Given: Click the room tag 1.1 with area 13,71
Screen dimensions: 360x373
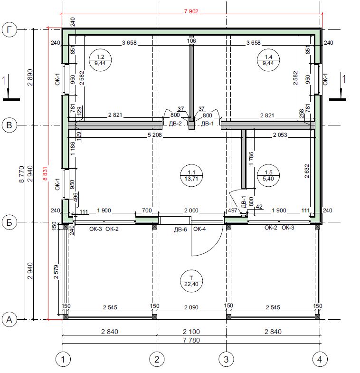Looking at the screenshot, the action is click(x=191, y=175).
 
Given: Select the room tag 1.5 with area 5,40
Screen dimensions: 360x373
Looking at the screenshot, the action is click(x=268, y=175).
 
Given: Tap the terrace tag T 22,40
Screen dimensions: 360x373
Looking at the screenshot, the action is click(x=191, y=281).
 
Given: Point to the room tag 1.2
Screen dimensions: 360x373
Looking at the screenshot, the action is click(x=100, y=60).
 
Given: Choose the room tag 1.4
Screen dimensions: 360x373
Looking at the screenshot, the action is click(x=268, y=60).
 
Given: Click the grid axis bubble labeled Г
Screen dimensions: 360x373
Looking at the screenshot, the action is click(x=9, y=30).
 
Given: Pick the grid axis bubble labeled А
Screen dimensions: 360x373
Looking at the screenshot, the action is click(x=9, y=319).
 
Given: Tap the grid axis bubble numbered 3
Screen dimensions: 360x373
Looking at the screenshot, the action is click(x=226, y=359).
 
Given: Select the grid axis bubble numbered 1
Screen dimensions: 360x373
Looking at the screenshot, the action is click(x=63, y=359).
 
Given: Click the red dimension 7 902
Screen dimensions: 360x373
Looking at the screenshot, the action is click(x=191, y=11).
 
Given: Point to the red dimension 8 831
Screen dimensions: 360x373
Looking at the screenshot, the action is click(x=45, y=173).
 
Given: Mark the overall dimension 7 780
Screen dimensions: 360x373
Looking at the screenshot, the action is click(x=191, y=340).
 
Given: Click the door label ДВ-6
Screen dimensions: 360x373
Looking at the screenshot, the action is click(x=180, y=230).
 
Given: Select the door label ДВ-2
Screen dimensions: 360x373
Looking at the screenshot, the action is click(x=175, y=124).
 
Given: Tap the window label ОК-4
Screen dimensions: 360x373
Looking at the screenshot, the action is click(x=199, y=229).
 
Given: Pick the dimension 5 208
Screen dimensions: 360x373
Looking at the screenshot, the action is click(x=154, y=135).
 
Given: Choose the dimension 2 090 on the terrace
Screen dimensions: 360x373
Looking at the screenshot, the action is click(x=191, y=307).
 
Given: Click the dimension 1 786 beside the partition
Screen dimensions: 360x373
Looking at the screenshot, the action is click(x=251, y=159).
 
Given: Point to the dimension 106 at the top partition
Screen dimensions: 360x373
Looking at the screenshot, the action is click(x=191, y=41).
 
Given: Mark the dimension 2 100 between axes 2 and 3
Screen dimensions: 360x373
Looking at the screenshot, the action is click(x=191, y=332).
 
